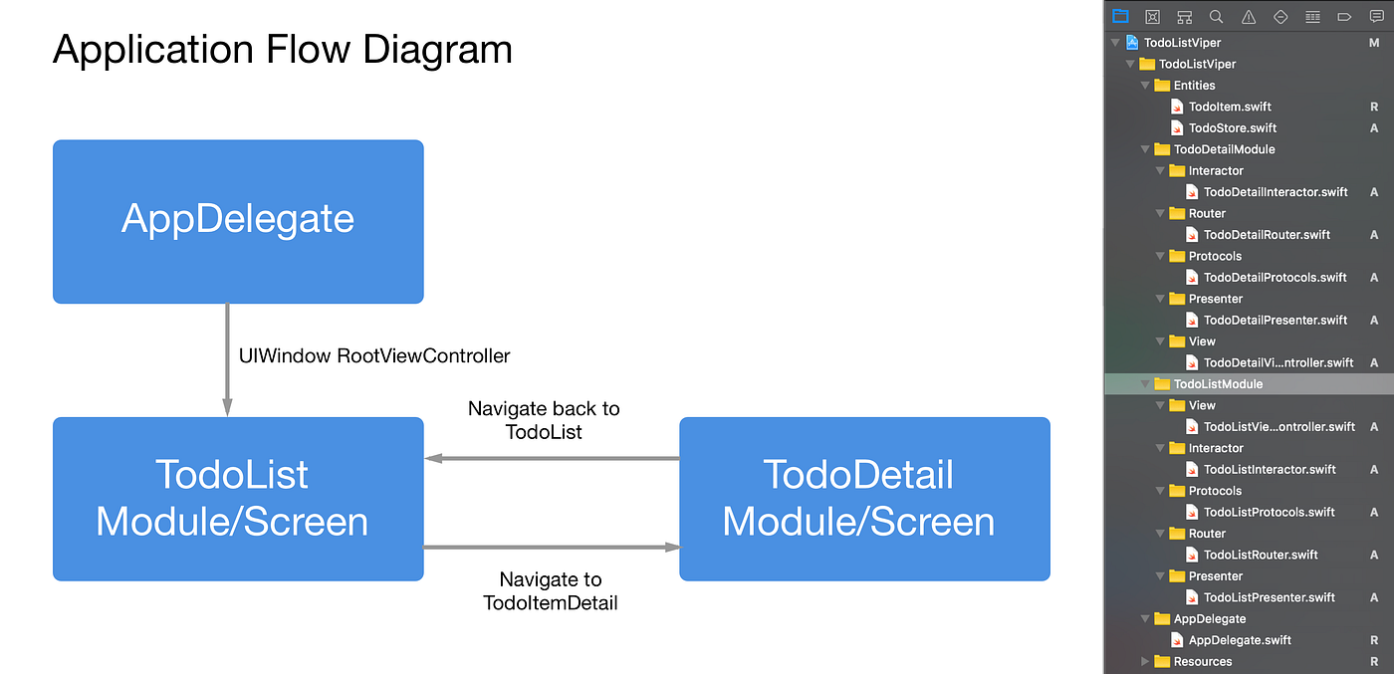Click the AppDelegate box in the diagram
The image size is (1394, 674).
(238, 221)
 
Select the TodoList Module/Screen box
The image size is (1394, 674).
(238, 498)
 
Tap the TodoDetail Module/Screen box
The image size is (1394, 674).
(863, 498)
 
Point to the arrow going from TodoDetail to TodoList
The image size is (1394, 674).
(552, 459)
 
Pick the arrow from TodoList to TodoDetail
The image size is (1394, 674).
(552, 547)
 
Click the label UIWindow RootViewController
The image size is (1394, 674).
(374, 355)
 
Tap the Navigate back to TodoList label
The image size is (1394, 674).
(544, 420)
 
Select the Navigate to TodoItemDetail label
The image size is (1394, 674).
(551, 590)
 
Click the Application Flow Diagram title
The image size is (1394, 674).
(282, 49)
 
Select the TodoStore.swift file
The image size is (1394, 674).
(1232, 127)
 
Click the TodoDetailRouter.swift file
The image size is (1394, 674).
(1266, 235)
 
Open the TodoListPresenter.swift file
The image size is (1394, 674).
(1269, 597)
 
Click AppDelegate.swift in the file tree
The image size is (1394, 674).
(1239, 640)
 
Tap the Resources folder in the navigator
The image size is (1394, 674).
(1202, 661)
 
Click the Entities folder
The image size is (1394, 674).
(1194, 86)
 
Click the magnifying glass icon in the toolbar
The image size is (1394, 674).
(1216, 16)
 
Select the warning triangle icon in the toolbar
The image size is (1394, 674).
(1249, 16)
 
